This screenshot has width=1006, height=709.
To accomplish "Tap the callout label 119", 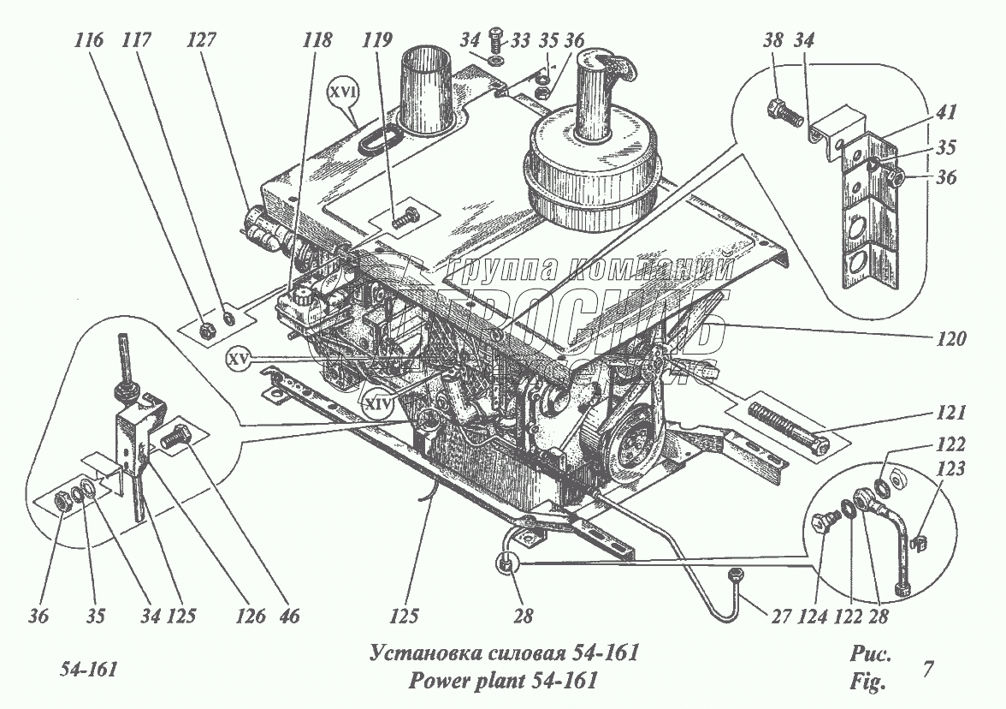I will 377,39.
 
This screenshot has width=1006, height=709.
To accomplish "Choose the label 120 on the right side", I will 950,338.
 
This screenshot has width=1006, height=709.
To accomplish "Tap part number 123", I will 955,469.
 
